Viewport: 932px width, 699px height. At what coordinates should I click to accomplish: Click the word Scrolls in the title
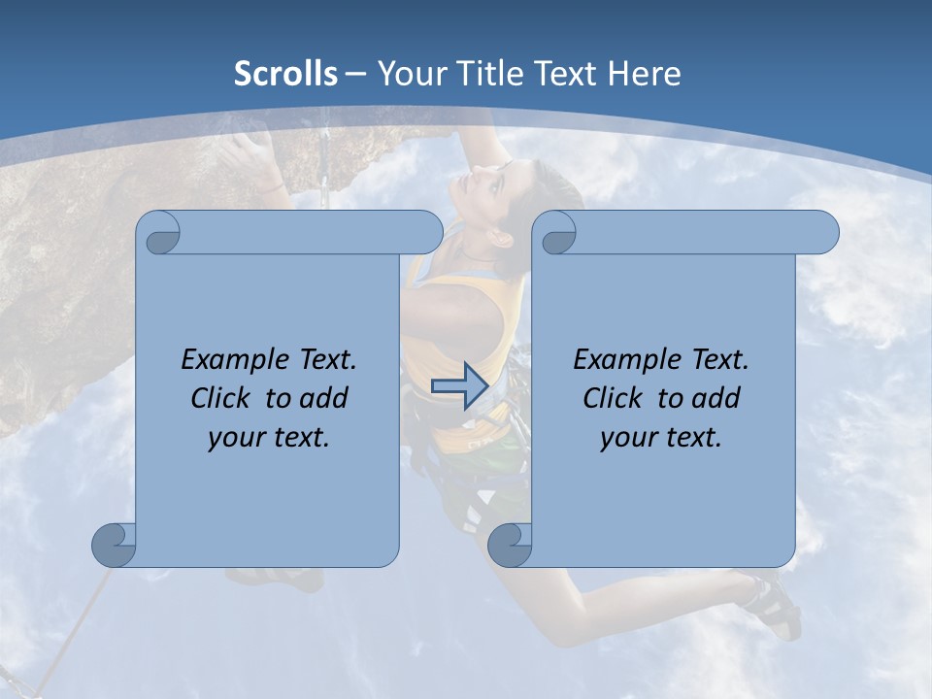pyautogui.click(x=285, y=74)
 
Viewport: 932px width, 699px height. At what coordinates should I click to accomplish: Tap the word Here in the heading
pyautogui.click(x=645, y=74)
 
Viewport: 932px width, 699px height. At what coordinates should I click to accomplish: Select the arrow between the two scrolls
pyautogui.click(x=459, y=385)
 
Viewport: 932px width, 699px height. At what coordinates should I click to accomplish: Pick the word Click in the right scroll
pyautogui.click(x=612, y=398)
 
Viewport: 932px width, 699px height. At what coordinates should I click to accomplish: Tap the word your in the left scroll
pyautogui.click(x=232, y=438)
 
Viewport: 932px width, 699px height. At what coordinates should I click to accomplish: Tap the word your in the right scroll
pyautogui.click(x=624, y=438)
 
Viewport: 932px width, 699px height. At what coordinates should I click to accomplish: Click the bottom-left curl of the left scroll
pyautogui.click(x=115, y=545)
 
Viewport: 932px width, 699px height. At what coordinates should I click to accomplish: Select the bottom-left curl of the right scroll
pyautogui.click(x=510, y=545)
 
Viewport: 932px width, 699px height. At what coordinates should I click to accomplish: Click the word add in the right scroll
pyautogui.click(x=718, y=398)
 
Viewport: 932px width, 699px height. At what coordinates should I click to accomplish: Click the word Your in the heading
pyautogui.click(x=409, y=74)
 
